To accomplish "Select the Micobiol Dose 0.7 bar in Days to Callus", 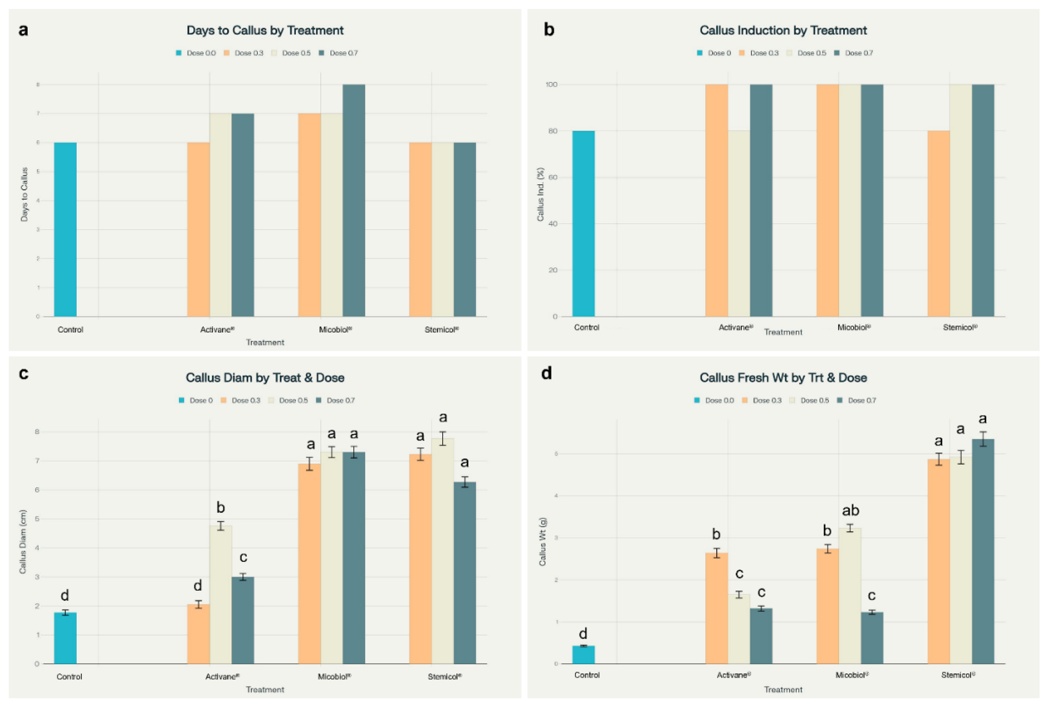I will (x=354, y=200).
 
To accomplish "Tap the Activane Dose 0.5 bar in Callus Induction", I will (x=739, y=224).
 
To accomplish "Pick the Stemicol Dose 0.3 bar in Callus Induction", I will (x=938, y=224).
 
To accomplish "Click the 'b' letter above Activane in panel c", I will (x=220, y=508).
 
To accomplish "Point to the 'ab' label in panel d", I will (x=851, y=510).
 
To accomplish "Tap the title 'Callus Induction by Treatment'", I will (x=783, y=30).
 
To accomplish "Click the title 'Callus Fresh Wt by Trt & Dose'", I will (x=783, y=378).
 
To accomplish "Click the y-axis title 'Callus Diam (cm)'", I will (x=23, y=542).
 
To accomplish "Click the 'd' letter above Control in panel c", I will (x=65, y=595).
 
